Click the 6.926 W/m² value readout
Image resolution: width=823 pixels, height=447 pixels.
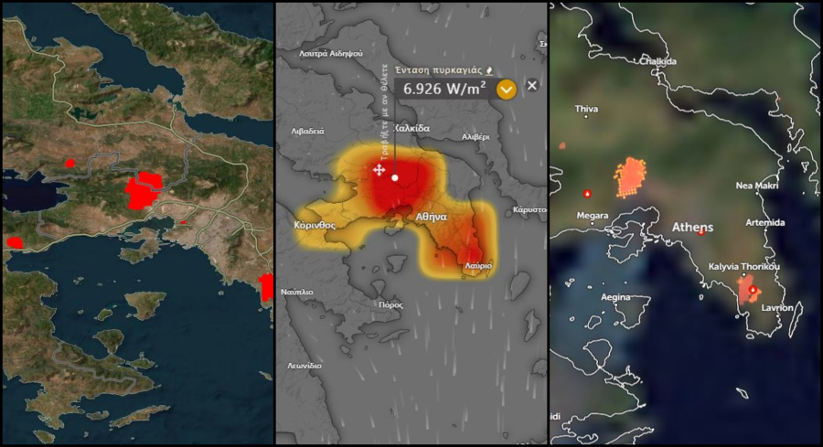[444, 89]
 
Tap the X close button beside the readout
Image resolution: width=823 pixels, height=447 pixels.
[532, 85]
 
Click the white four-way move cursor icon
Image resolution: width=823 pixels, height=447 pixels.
[379, 170]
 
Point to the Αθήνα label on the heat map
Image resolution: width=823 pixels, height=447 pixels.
[431, 218]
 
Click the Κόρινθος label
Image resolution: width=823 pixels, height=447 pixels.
[315, 224]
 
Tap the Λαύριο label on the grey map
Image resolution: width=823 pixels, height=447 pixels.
[478, 266]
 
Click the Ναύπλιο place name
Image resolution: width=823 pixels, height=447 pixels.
[297, 292]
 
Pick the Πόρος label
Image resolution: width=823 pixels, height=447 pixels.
[390, 304]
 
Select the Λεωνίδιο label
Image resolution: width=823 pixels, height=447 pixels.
[304, 365]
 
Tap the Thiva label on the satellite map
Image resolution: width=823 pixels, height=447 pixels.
[586, 110]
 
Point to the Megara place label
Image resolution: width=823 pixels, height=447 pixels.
[593, 216]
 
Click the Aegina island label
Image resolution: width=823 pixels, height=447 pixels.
[615, 297]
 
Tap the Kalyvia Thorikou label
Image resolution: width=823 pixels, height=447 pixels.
[744, 267]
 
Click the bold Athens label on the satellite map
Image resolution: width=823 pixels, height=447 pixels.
[692, 227]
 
